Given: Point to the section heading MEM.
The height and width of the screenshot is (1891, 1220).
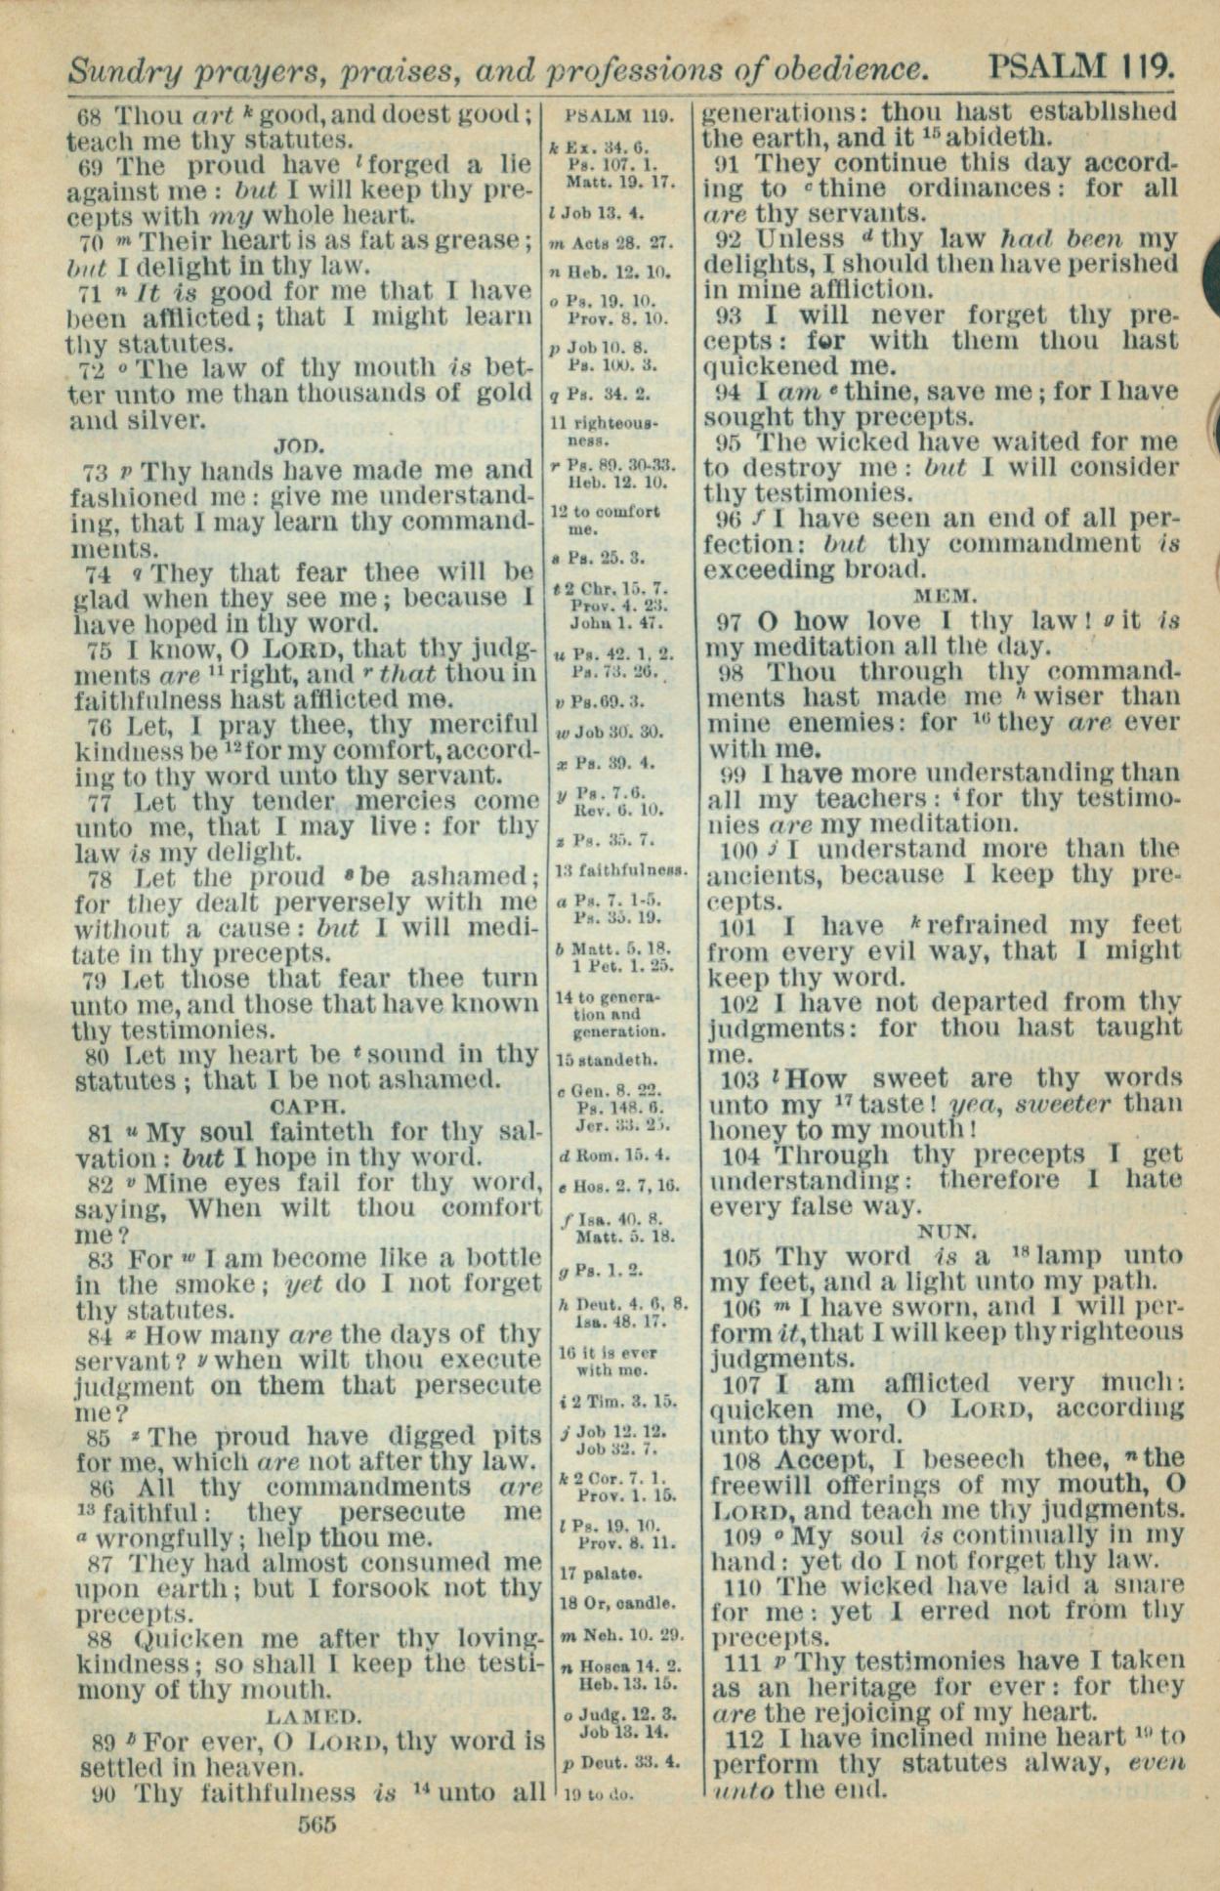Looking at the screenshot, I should [x=944, y=595].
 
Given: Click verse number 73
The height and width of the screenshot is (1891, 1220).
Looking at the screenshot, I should [x=95, y=473].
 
